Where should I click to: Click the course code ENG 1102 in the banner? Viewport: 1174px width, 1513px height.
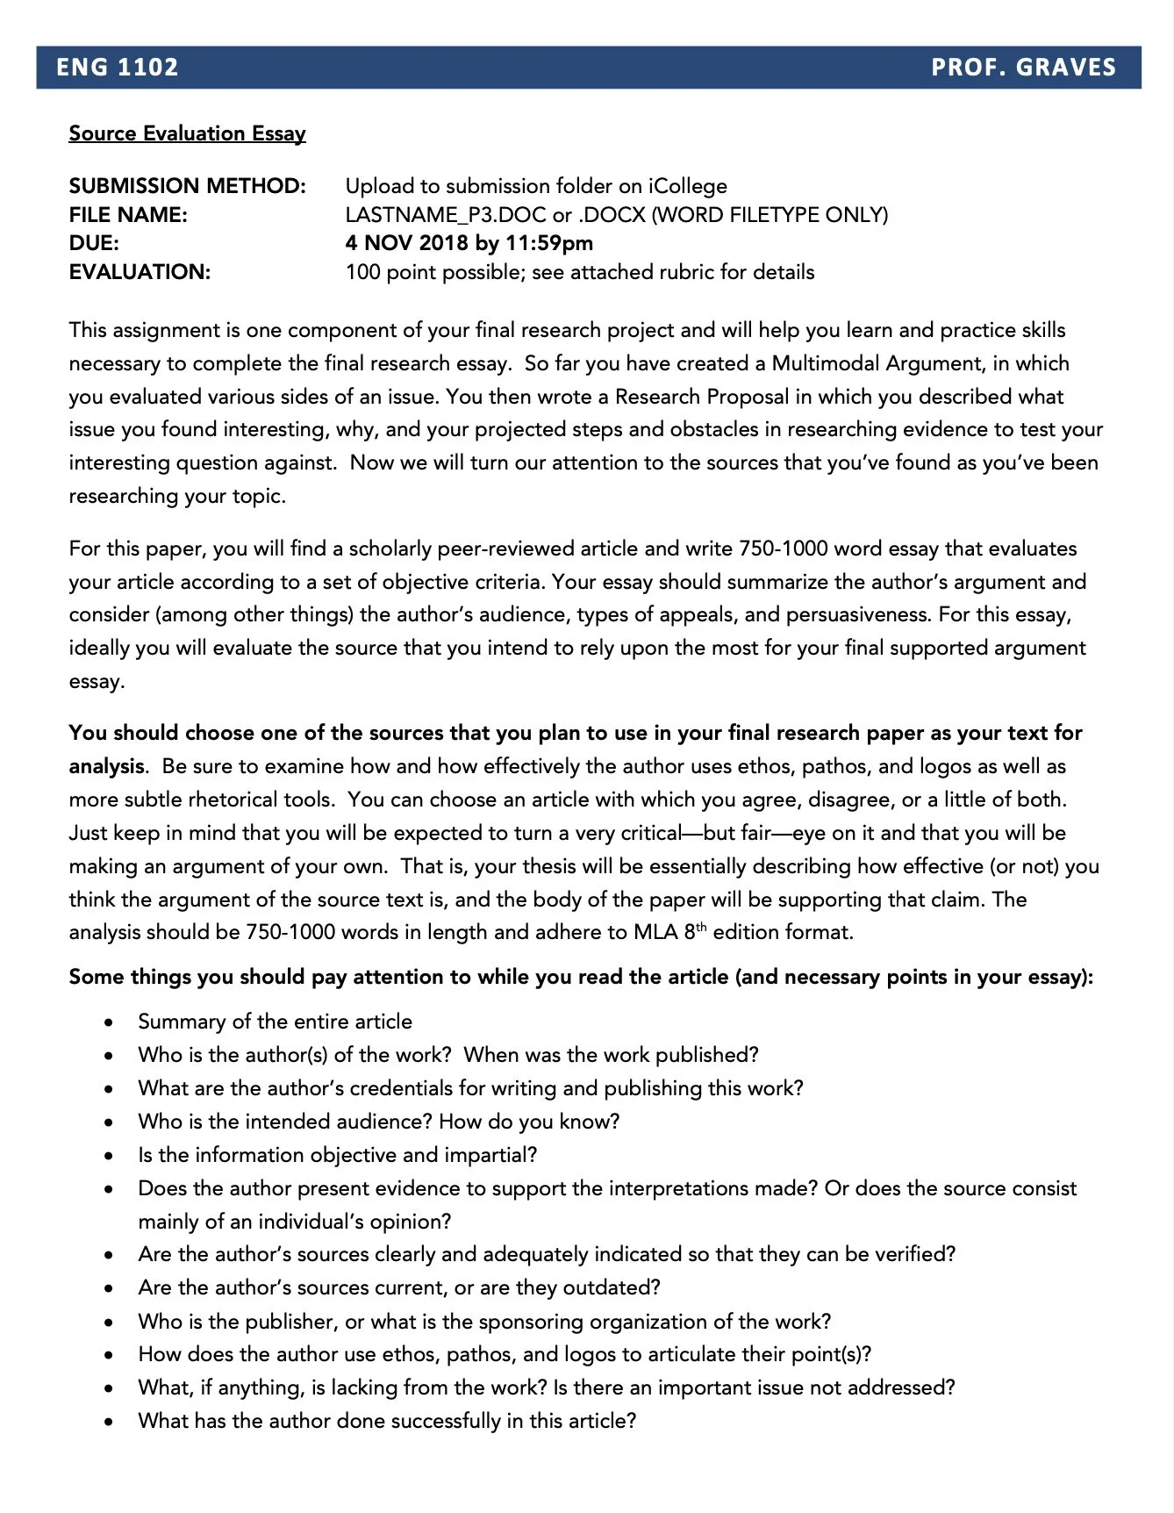118,68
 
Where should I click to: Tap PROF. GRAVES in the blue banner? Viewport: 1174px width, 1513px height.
1023,68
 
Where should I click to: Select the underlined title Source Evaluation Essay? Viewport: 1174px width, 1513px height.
187,133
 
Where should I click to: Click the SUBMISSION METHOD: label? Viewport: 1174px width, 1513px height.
187,186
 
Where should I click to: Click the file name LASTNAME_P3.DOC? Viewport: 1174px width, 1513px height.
446,215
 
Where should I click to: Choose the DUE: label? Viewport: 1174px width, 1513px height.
94,243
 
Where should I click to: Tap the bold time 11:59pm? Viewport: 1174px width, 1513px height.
549,243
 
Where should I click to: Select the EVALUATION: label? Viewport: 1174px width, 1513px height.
140,272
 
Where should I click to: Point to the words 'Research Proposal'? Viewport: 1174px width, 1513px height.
702,397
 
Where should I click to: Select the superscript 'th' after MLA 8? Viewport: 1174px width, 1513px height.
701,927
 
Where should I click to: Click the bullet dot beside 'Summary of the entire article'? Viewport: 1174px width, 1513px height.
108,1022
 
